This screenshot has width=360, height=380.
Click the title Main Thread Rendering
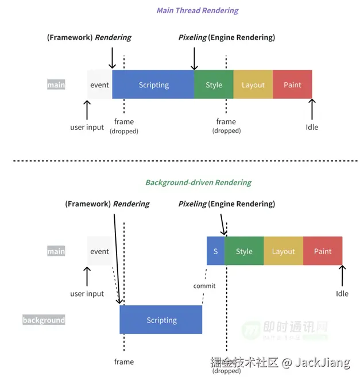click(x=198, y=10)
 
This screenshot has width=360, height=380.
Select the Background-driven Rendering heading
click(x=198, y=182)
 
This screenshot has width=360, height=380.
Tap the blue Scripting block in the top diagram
click(x=153, y=85)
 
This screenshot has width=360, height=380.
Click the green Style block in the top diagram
click(x=214, y=85)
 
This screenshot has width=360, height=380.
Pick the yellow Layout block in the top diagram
click(x=253, y=85)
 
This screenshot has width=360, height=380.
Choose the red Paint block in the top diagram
click(x=292, y=85)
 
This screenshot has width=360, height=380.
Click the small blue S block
click(x=215, y=251)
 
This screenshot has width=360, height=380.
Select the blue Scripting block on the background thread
click(x=161, y=320)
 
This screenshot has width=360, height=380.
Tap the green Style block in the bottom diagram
click(x=244, y=251)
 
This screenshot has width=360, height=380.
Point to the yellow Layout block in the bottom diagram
click(x=284, y=251)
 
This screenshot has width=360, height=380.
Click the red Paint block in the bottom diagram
click(x=323, y=251)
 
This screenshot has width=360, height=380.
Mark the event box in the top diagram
click(x=99, y=85)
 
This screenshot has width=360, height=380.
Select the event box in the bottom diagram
click(x=99, y=251)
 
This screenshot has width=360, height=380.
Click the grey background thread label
click(x=44, y=320)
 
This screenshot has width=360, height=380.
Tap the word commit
click(x=204, y=286)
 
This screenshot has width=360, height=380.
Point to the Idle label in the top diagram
click(x=312, y=127)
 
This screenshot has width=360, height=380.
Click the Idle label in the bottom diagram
click(x=342, y=294)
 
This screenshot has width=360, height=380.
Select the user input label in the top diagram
click(x=87, y=127)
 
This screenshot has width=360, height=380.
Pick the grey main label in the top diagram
click(x=56, y=85)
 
